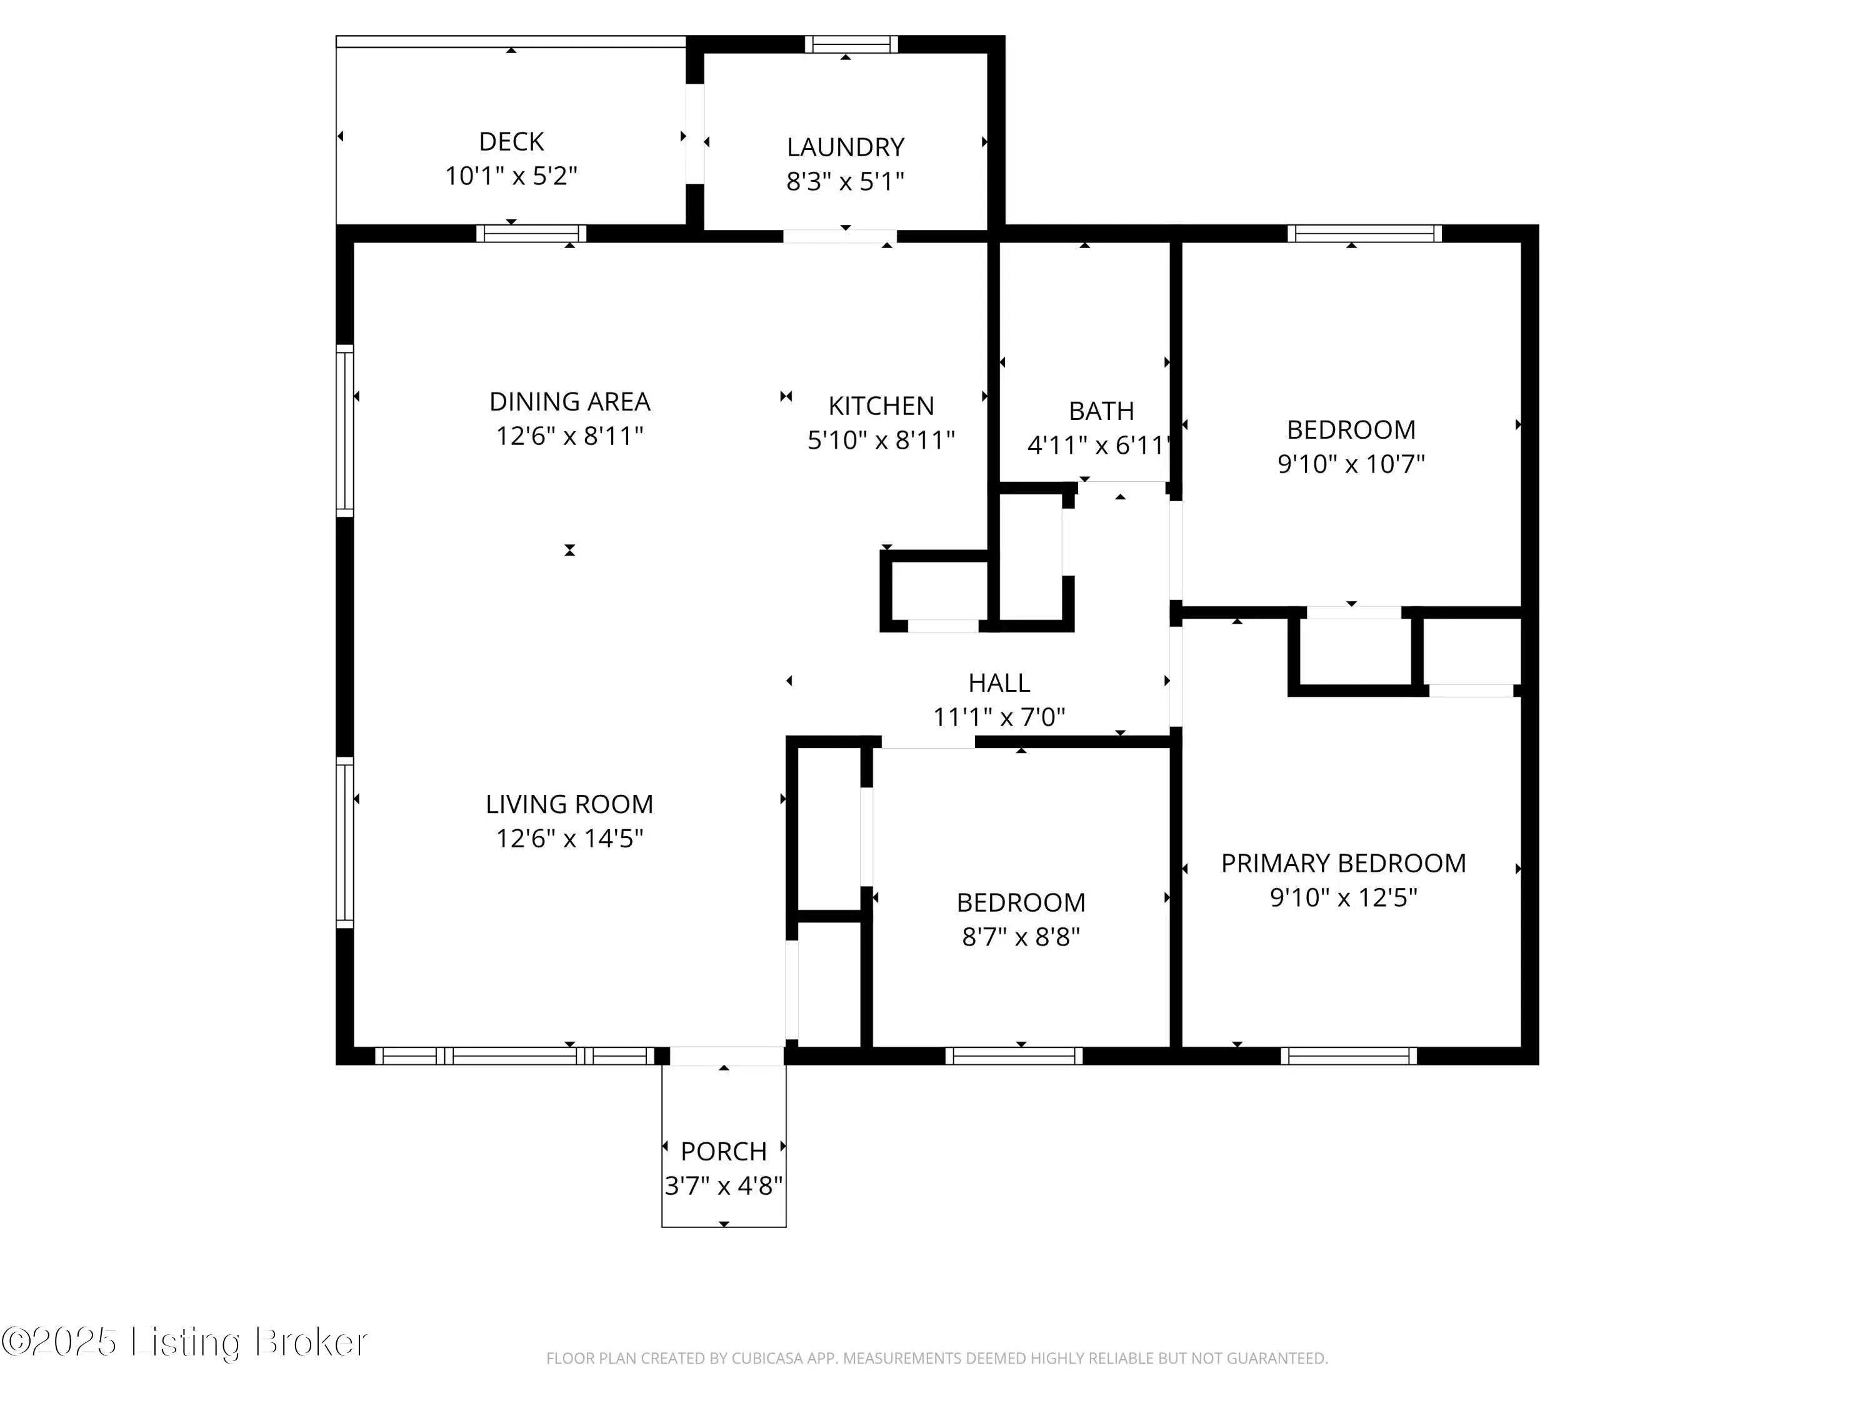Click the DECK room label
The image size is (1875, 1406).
coord(511,141)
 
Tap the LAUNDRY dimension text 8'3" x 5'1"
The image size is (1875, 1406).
coord(845,181)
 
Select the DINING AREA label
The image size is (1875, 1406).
coord(569,401)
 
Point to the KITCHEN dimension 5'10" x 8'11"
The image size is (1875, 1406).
coord(881,440)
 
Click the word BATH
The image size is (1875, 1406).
coord(1101,411)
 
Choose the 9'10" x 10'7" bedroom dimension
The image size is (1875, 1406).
coord(1351,464)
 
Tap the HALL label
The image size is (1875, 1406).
coord(999,682)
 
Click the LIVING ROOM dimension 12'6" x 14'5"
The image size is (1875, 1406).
coord(569,838)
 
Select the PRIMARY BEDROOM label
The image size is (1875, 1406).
coord(1344,863)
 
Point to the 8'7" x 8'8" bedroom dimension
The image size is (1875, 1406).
coord(1021,937)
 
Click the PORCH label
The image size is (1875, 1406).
coord(724,1151)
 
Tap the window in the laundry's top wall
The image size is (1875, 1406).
coord(851,44)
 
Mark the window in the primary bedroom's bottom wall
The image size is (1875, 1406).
coord(1349,1056)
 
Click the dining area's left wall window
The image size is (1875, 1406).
coord(345,431)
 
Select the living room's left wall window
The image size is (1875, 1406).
coord(345,842)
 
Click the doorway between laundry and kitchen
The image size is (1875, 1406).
coord(840,236)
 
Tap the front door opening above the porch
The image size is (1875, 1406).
coord(726,1056)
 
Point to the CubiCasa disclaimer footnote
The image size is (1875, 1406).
coord(937,1359)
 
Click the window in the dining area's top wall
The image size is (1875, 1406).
coord(531,234)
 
